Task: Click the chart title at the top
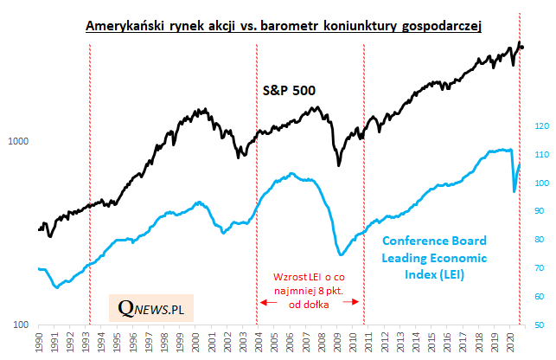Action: (284, 27)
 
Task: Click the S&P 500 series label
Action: (289, 89)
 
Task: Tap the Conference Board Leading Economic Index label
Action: (433, 257)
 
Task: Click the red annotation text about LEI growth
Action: (309, 290)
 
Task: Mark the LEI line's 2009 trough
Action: (342, 254)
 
